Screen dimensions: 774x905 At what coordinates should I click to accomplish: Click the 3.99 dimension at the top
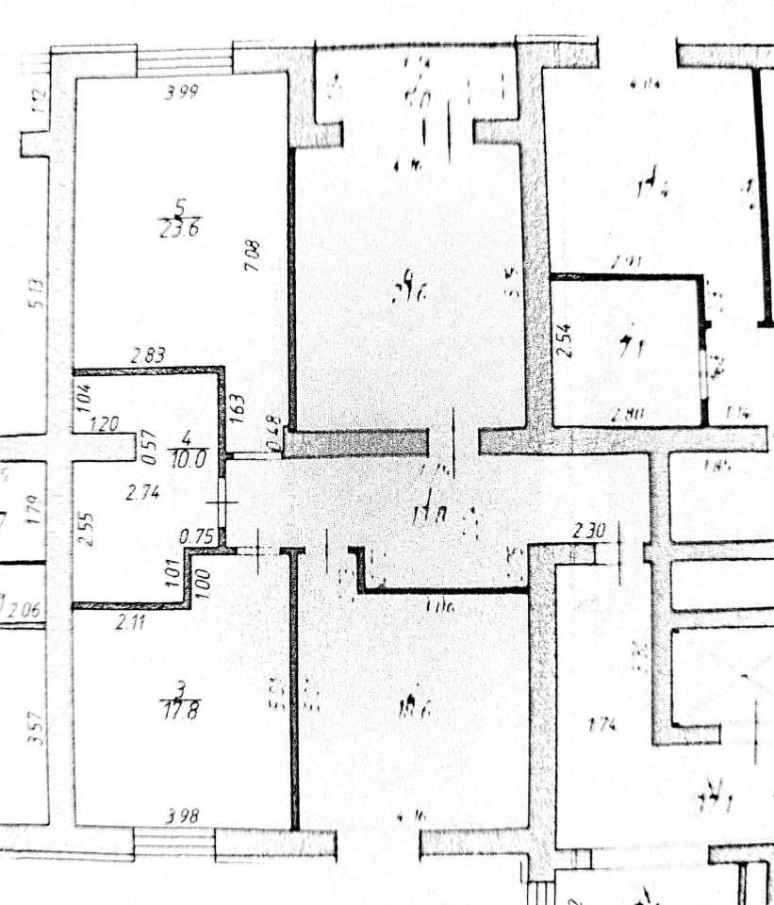coord(182,92)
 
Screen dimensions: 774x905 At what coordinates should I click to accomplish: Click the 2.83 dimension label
coord(148,355)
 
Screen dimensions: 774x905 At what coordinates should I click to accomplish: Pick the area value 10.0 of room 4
coord(187,457)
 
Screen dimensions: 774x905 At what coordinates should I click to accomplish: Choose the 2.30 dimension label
coord(587,532)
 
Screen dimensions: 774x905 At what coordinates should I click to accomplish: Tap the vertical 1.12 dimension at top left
coord(38,100)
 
